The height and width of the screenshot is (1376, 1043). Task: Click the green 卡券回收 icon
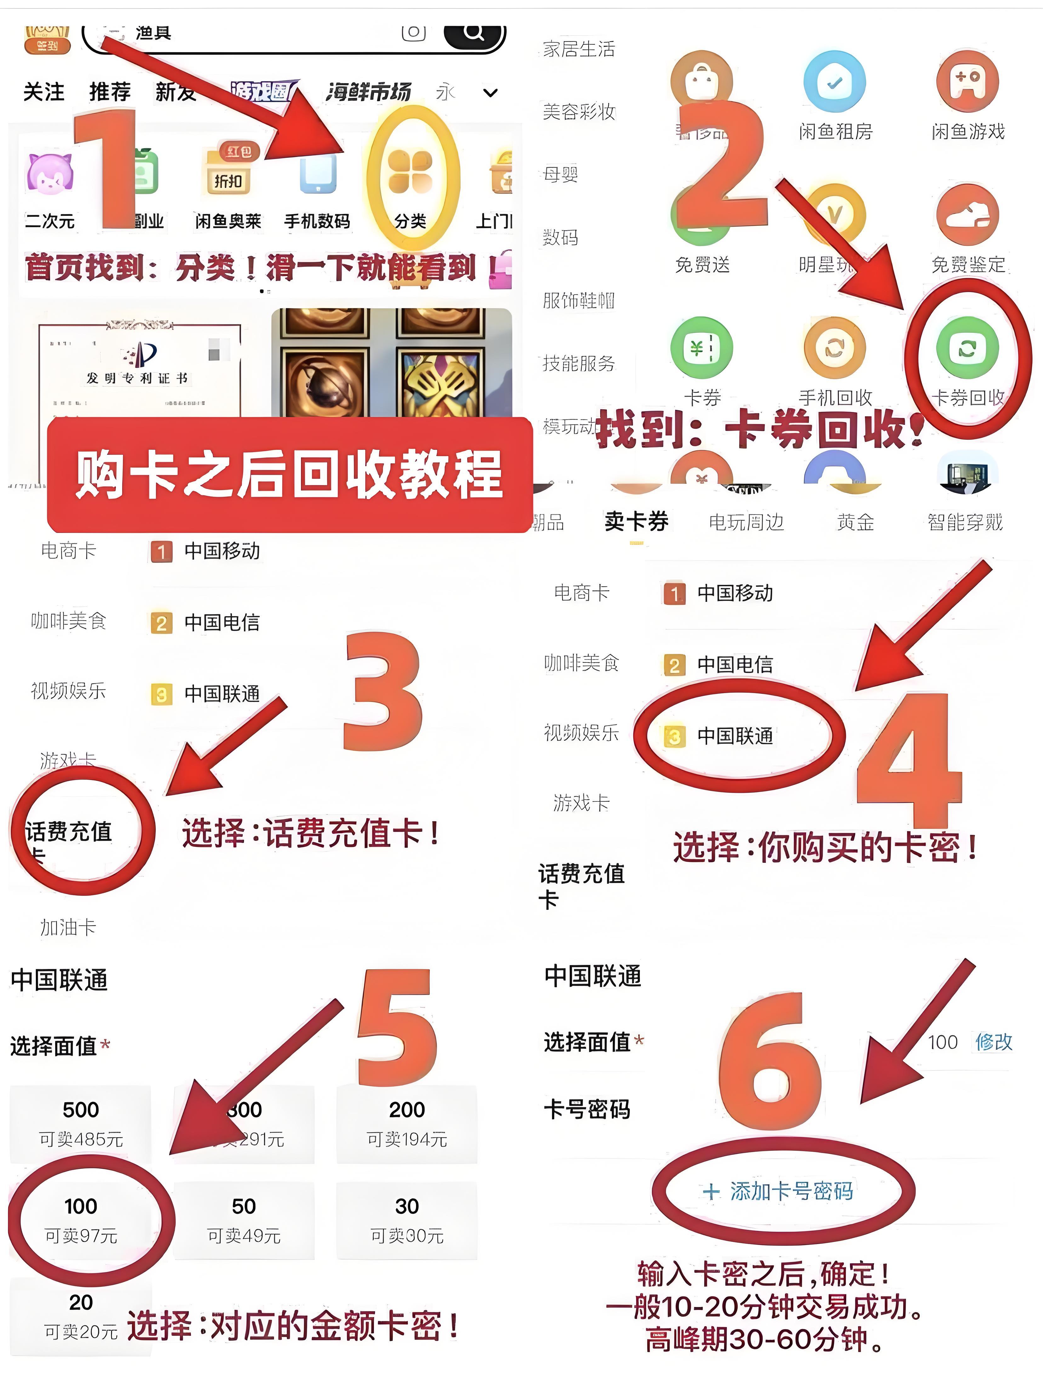point(967,348)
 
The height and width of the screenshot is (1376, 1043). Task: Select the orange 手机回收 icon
point(835,348)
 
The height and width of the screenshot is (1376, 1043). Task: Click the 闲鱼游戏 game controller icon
point(967,83)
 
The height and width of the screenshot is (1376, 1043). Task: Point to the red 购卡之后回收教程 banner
point(290,475)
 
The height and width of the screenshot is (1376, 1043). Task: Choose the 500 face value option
point(81,1123)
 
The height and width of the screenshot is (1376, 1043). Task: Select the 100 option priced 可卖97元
point(81,1219)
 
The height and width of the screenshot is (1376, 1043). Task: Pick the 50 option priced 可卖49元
point(244,1219)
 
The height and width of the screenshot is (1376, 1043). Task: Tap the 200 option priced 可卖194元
point(407,1123)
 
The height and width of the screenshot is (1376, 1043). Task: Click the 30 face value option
point(407,1219)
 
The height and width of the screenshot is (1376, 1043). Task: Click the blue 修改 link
point(993,1042)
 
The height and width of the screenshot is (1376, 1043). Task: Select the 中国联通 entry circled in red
point(735,736)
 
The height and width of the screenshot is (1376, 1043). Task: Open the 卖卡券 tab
point(636,521)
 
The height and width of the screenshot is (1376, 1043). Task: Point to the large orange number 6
point(771,1064)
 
